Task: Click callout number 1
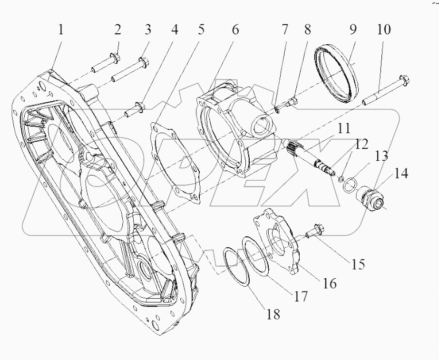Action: pos(61,30)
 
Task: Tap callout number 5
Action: pos(201,30)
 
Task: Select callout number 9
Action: pos(352,30)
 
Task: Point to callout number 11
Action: pos(343,128)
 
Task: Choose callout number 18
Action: pos(273,314)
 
